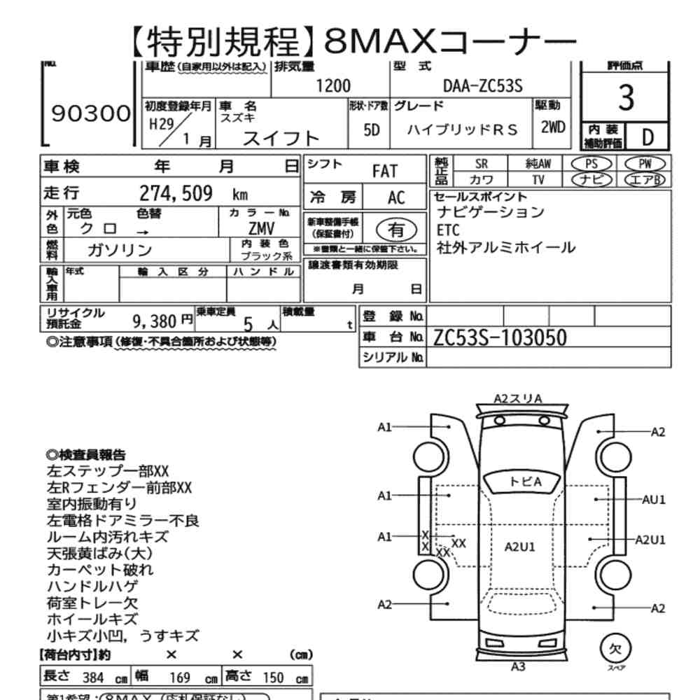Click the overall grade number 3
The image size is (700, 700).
626,99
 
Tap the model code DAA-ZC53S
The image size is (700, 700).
483,86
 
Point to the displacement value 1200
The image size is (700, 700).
333,86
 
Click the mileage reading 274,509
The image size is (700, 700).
176,194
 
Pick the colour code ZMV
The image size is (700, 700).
261,229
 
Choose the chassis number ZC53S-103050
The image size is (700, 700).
500,337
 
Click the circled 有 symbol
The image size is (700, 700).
396,229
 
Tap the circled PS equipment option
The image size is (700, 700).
592,163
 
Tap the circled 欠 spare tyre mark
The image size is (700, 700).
615,649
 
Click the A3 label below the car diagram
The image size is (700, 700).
519,666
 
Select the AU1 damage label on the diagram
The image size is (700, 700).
654,499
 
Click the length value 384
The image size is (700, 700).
93,678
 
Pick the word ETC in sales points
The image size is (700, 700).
449,230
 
